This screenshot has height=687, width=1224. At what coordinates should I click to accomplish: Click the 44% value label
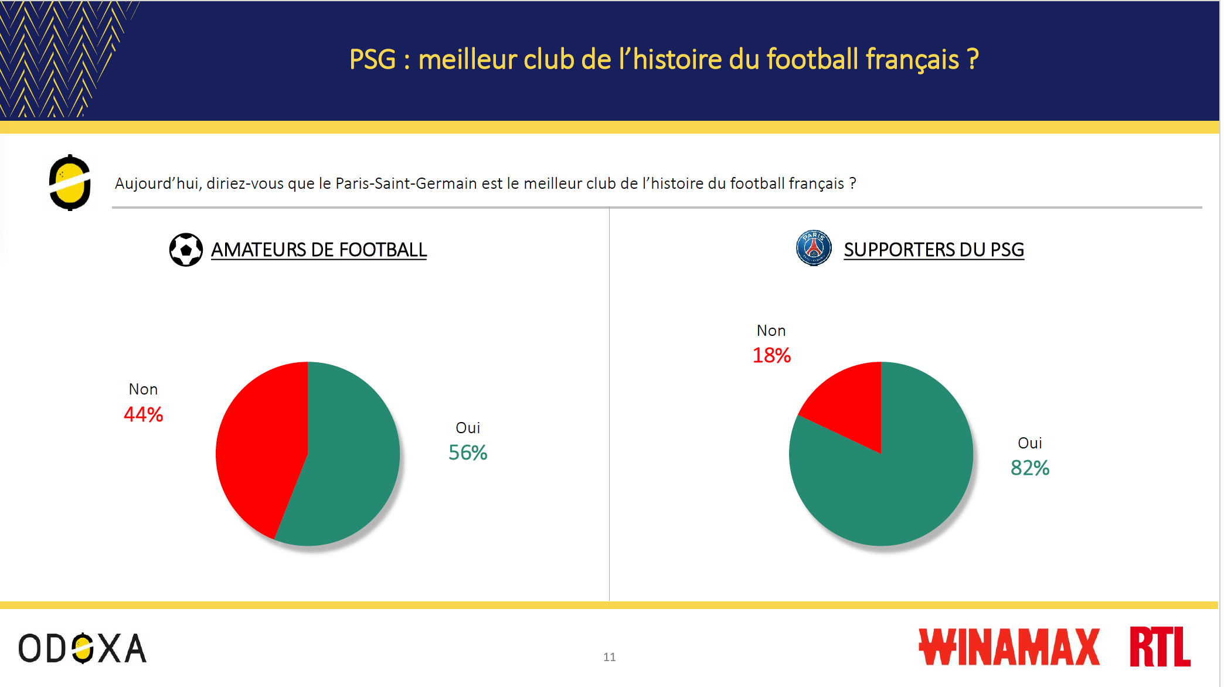[143, 414]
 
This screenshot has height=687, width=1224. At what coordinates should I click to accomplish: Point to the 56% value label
[468, 453]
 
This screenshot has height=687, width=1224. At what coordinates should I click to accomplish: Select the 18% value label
[771, 355]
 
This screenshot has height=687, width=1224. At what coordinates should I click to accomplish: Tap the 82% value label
[1030, 468]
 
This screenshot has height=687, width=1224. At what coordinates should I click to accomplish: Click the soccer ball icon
[186, 250]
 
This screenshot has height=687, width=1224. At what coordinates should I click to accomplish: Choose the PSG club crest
[814, 248]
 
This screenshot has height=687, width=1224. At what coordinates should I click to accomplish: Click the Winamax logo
[1009, 647]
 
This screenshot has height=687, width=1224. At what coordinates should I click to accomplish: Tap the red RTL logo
[1160, 647]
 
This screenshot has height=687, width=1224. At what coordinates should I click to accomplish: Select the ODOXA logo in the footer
[82, 648]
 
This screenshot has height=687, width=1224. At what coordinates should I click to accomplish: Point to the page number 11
[610, 657]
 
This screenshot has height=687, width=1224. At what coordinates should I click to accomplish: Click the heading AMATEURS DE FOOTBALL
[319, 250]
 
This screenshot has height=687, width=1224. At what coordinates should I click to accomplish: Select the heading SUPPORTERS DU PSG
[934, 250]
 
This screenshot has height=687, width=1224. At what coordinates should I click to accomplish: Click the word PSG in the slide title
[373, 59]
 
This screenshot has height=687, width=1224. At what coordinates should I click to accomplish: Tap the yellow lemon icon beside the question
[70, 183]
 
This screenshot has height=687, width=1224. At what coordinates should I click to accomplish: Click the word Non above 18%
[771, 331]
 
